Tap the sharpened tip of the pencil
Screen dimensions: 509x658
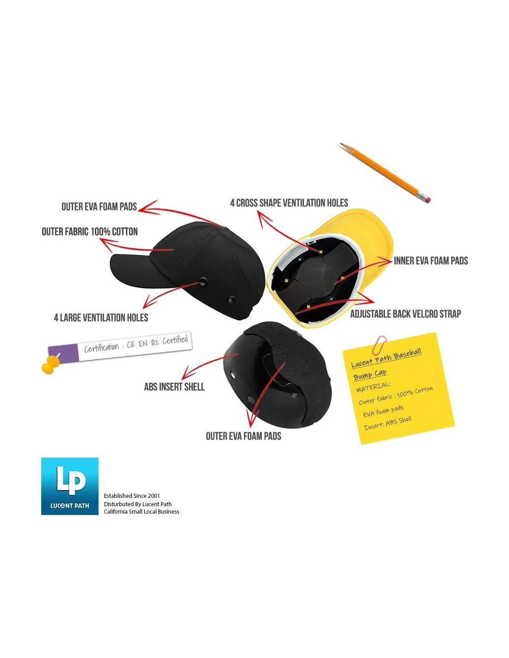pos(340,143)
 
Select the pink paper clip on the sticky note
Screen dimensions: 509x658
pos(379,345)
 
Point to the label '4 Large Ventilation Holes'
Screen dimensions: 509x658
pos(101,317)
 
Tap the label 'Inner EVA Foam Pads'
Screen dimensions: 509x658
pos(431,261)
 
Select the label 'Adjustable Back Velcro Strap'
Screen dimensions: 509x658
pos(405,314)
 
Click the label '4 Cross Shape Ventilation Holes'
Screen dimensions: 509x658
pos(289,203)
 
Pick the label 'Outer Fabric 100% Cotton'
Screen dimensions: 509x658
pos(90,232)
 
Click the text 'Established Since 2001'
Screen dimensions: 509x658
pos(132,496)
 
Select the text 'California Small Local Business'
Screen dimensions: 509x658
pos(142,512)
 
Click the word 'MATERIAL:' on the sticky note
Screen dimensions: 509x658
pos(373,387)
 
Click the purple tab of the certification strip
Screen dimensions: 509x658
pos(63,353)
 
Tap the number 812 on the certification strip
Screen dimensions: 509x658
pos(155,343)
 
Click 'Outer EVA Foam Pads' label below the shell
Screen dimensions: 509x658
pos(243,436)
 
